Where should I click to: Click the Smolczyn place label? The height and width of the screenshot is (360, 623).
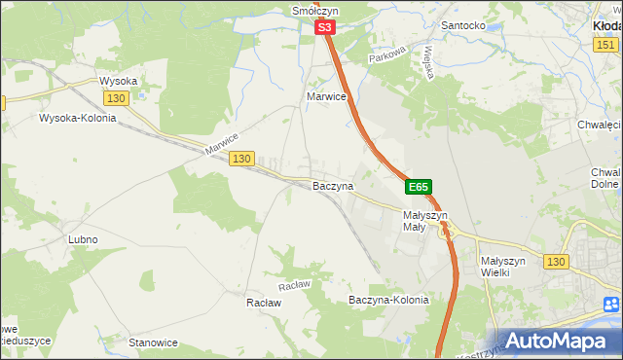[313, 11]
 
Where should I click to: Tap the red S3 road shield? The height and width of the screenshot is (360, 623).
[325, 30]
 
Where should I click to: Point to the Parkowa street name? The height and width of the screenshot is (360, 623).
[386, 58]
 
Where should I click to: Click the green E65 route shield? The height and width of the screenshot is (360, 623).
[418, 186]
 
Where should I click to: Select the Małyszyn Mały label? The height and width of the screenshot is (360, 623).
[424, 221]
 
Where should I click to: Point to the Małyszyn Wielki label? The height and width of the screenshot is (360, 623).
[503, 268]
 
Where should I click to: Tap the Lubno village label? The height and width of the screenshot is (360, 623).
[83, 239]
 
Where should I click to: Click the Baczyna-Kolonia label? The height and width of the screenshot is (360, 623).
[388, 300]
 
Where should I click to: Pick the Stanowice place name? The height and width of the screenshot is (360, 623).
[153, 342]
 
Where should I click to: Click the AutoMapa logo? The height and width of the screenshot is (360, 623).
[558, 341]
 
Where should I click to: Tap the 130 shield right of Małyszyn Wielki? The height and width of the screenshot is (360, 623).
[556, 262]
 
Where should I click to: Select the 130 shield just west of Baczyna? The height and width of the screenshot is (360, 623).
[242, 158]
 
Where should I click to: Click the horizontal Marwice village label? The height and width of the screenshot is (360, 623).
[327, 97]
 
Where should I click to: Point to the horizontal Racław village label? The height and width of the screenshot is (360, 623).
[264, 303]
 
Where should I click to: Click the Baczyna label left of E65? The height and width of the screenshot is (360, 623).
[332, 185]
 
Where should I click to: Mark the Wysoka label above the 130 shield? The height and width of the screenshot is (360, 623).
[119, 81]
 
